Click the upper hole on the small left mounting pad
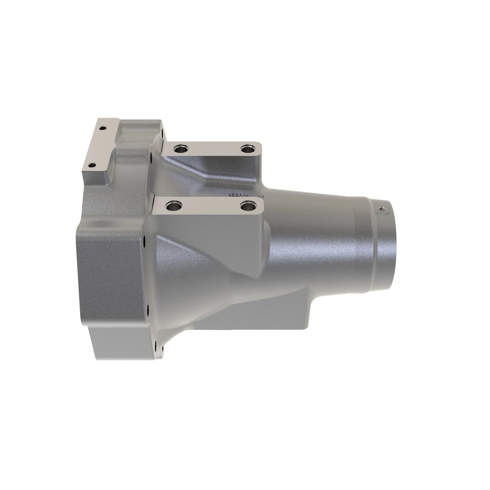(102, 128)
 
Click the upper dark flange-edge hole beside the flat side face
(144, 239)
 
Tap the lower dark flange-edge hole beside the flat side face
(147, 308)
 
